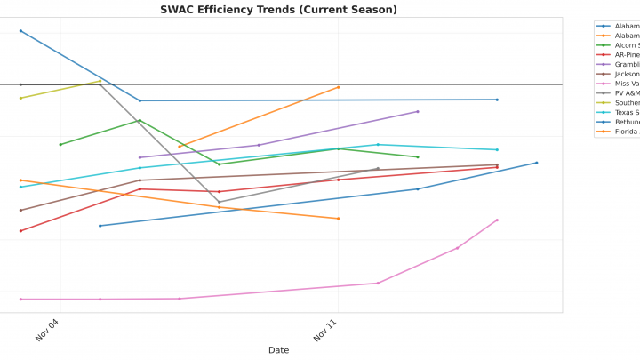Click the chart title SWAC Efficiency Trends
[278, 10]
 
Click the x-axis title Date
[278, 350]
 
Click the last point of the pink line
[497, 220]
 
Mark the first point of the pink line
[20, 299]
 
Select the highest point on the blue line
[20, 31]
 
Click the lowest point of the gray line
[220, 202]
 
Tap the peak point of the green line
[140, 120]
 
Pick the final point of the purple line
[418, 111]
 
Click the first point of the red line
[20, 231]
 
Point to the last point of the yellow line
[100, 81]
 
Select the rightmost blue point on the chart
[537, 163]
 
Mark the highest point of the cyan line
[378, 144]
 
